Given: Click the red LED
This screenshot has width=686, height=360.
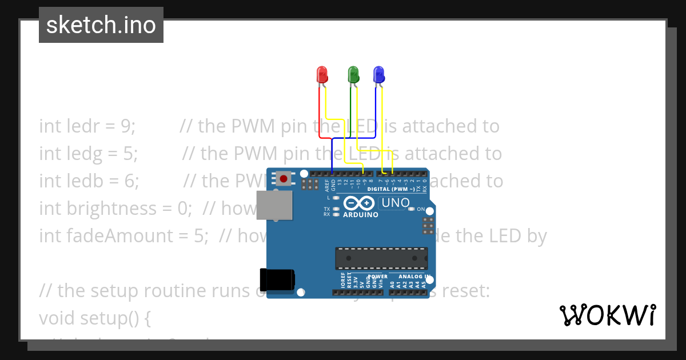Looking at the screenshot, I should click(322, 75).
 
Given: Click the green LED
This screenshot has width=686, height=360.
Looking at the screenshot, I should click(353, 75).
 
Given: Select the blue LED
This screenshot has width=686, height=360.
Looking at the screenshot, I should click(378, 75).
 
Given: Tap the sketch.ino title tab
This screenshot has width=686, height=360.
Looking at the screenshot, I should click(101, 25).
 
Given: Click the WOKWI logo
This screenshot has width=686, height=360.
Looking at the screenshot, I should click(607, 315).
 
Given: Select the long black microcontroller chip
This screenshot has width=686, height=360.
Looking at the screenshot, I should click(381, 258).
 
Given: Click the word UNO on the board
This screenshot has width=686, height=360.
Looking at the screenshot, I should click(395, 202).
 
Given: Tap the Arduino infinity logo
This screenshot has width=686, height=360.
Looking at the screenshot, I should click(360, 203).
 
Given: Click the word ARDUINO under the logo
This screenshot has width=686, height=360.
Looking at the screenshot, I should click(361, 215).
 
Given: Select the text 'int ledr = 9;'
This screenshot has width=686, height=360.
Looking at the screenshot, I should click(87, 126).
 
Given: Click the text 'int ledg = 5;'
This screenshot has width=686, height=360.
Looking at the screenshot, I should click(89, 153).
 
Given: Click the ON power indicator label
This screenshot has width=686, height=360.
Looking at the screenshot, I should click(421, 209).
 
